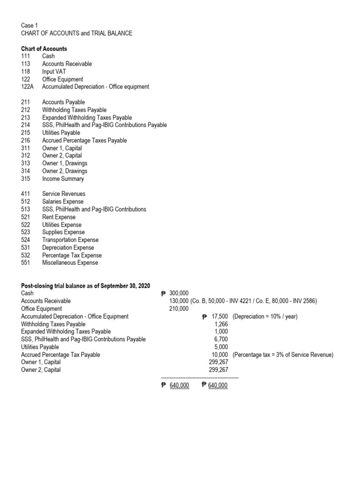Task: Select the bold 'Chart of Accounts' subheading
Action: point(44,49)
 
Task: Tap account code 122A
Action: point(28,87)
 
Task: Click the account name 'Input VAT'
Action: point(55,71)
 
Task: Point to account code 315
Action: point(26,179)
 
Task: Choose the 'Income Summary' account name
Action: point(63,179)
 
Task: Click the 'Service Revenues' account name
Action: point(64,194)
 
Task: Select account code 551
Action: point(26,263)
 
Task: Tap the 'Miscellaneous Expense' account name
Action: point(70,263)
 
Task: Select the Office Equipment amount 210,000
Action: point(179,309)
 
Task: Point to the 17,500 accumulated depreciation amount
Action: point(219,316)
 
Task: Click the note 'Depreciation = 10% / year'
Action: point(265,316)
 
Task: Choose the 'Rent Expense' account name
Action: point(59,217)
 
